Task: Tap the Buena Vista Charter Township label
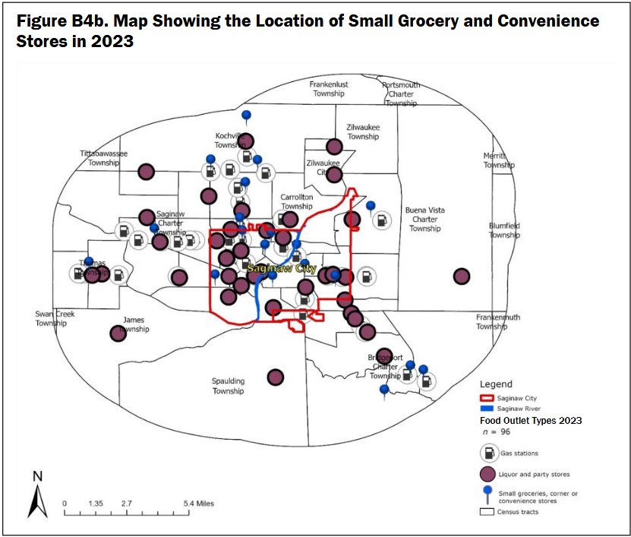click(x=424, y=219)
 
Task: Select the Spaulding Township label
click(x=228, y=386)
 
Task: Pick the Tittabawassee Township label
click(x=104, y=157)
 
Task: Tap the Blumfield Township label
click(x=504, y=230)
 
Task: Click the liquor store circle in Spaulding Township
click(x=276, y=377)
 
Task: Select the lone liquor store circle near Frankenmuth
click(x=461, y=276)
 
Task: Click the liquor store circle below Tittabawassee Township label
click(x=147, y=172)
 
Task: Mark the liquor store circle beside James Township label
click(x=118, y=333)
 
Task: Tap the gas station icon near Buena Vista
click(x=380, y=220)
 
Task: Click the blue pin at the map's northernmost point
click(x=246, y=116)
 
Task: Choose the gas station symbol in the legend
click(x=488, y=453)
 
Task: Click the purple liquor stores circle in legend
click(x=488, y=475)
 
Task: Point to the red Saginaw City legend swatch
click(x=487, y=398)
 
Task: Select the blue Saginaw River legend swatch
click(x=487, y=409)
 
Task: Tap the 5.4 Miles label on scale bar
click(x=199, y=503)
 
